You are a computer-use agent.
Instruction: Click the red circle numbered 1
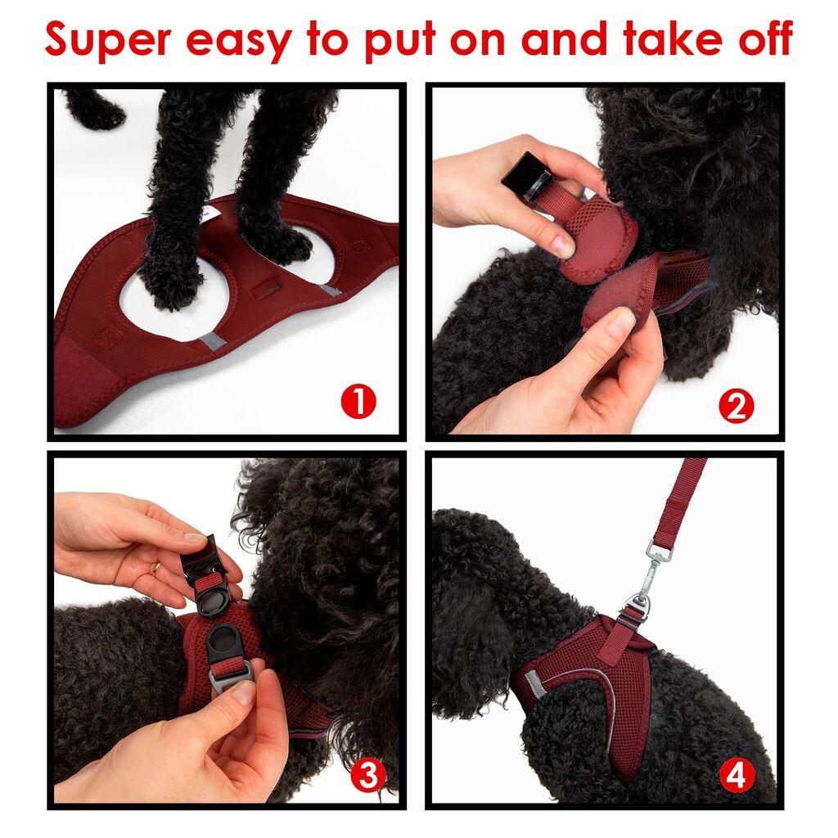point(358,403)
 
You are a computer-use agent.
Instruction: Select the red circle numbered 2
point(736,407)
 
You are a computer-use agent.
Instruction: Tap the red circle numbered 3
point(368,775)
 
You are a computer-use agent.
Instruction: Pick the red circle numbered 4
point(736,775)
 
